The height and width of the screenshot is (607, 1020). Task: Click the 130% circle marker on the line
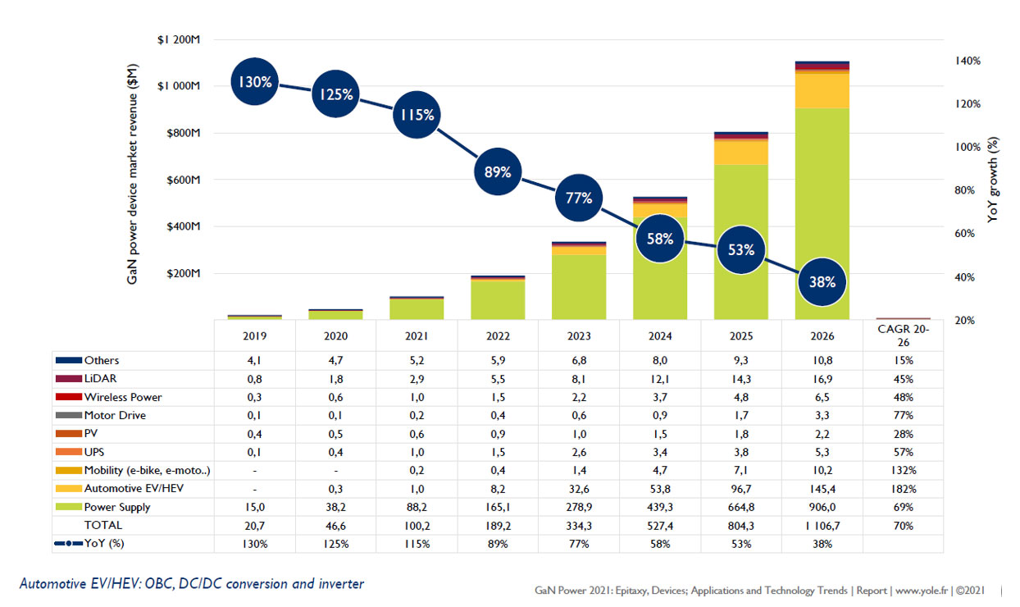[x=254, y=82]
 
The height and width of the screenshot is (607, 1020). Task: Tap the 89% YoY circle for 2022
[x=498, y=172]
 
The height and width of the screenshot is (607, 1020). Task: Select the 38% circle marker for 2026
[x=822, y=281]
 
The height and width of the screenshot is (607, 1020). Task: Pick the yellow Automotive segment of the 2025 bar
[x=741, y=152]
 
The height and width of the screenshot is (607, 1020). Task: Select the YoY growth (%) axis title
[x=994, y=181]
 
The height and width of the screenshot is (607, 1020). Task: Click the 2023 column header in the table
[x=579, y=335]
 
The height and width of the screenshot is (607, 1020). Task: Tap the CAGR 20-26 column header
[x=903, y=335]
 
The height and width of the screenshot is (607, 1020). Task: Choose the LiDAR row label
[x=99, y=379]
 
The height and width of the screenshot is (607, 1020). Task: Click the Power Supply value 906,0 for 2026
[x=822, y=507]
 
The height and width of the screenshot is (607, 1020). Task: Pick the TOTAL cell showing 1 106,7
[x=822, y=525]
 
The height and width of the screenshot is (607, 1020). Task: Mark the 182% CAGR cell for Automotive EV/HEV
[x=903, y=489]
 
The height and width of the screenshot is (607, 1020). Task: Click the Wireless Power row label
[x=123, y=397]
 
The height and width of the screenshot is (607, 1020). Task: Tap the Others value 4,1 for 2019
[x=254, y=360]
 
